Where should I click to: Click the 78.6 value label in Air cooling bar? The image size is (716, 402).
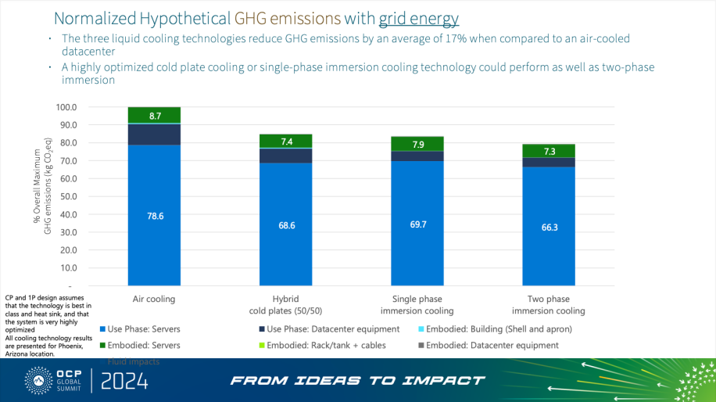coord(155,216)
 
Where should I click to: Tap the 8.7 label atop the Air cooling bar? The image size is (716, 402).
coord(155,116)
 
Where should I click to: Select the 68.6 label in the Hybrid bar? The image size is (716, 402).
coord(285,224)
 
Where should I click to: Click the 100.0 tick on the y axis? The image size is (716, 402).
coord(67,107)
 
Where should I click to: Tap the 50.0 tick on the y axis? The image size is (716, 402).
coord(69,196)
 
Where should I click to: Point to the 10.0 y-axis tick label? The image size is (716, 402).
coord(69,267)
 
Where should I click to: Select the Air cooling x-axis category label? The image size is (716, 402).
coord(154,300)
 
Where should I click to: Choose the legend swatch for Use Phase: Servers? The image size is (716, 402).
coord(102,329)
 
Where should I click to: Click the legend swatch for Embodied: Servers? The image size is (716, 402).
coord(102,345)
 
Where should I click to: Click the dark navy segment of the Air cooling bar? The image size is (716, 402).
coord(155,135)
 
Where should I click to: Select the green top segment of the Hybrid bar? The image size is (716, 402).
coord(285,141)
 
